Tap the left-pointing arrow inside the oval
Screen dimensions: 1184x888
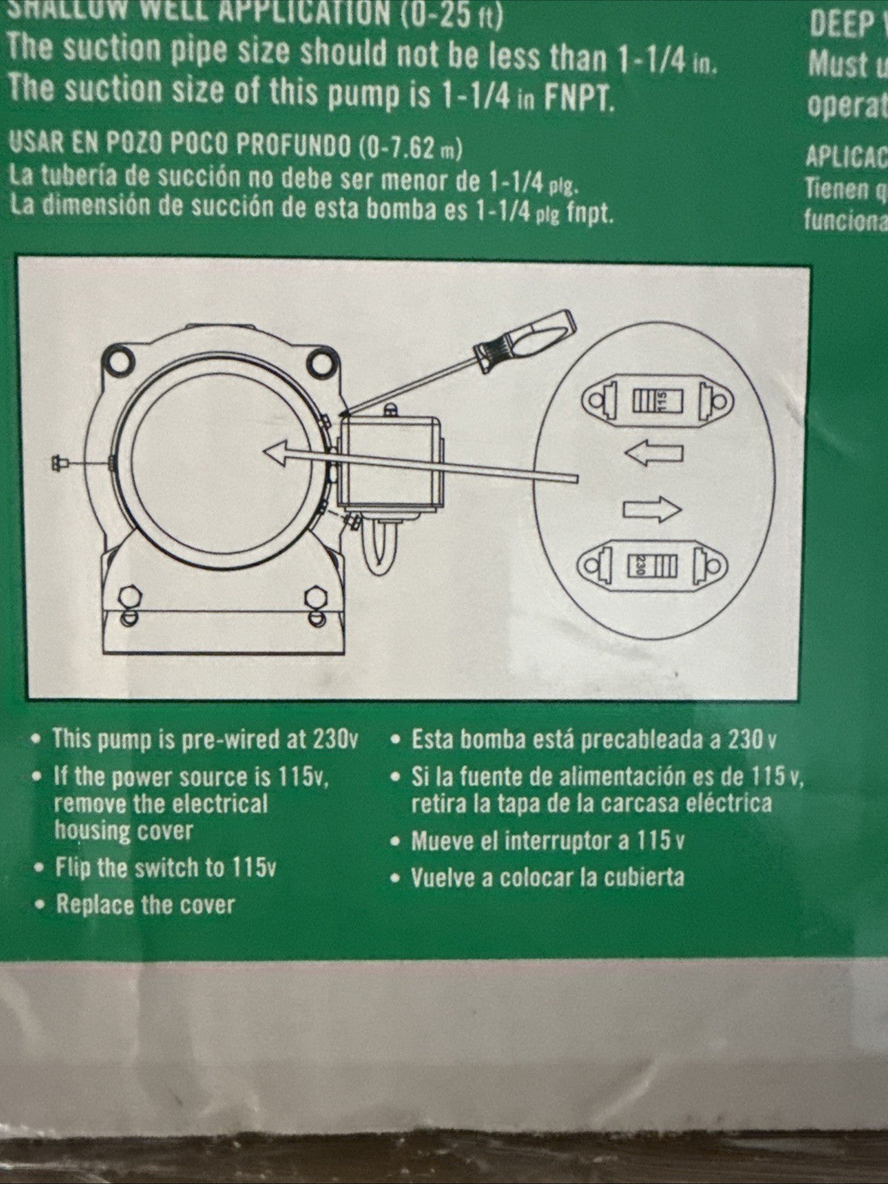pos(653,453)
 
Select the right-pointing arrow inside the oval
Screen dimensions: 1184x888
pos(652,509)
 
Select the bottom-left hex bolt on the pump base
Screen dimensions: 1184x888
pos(127,597)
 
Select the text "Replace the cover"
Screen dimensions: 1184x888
pos(145,904)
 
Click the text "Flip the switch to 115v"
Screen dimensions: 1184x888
pos(166,867)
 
